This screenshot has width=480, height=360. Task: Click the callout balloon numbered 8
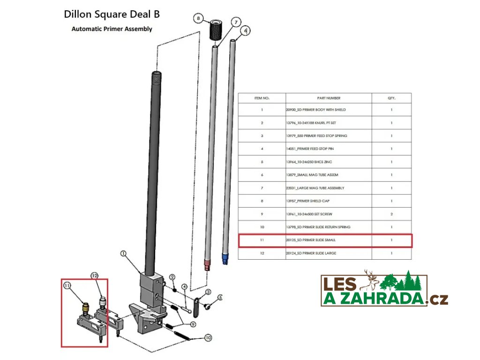[199, 18]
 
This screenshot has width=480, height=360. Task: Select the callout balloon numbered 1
[124, 254]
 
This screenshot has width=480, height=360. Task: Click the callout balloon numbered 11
[67, 285]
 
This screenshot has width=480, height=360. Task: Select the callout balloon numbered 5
[220, 297]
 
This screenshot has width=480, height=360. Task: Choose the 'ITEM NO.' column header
[262, 98]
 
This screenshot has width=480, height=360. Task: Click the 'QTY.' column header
[391, 98]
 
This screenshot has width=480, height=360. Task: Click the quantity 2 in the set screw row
[391, 214]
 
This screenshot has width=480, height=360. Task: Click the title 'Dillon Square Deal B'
[112, 14]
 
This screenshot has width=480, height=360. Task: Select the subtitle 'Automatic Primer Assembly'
[112, 29]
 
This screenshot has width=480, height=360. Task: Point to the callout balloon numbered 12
[95, 276]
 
